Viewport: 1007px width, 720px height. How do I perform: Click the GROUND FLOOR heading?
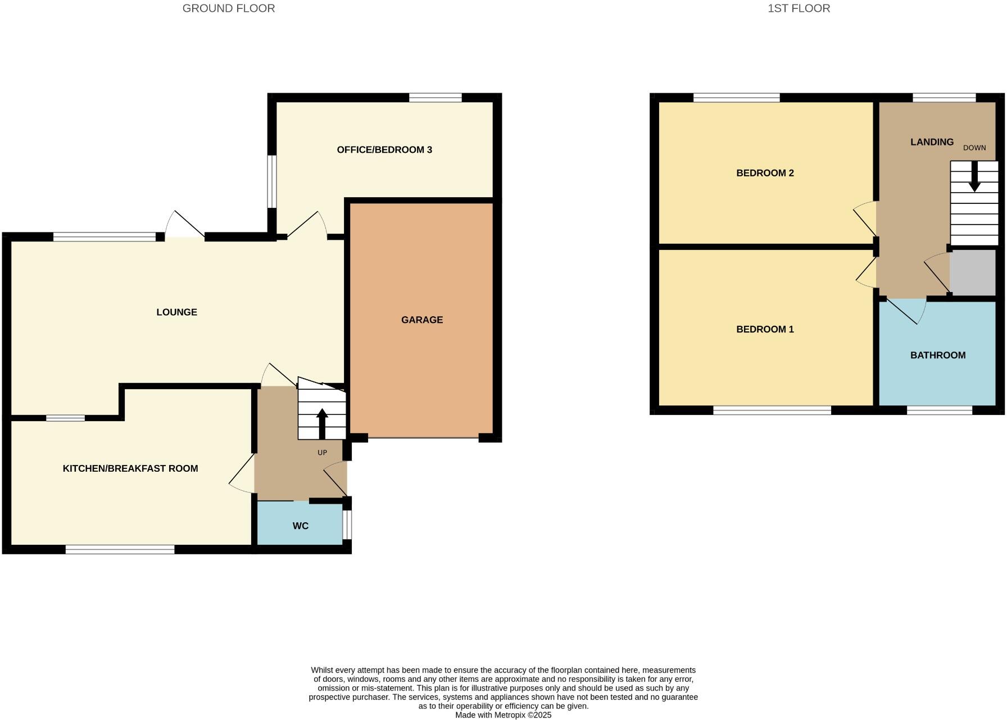tap(228, 8)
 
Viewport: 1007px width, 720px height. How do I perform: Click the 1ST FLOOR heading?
tap(799, 8)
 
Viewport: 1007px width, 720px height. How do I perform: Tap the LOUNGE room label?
tap(176, 312)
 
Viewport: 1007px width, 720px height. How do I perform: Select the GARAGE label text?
tap(422, 320)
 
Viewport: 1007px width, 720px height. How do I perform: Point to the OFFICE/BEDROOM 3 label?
tap(384, 150)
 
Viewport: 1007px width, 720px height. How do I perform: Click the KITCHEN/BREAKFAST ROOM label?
tap(130, 468)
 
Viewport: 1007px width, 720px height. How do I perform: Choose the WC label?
tap(301, 526)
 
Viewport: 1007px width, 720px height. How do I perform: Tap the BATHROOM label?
tap(938, 356)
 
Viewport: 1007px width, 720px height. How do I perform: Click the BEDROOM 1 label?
tap(765, 330)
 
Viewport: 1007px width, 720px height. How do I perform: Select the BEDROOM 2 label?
tap(765, 173)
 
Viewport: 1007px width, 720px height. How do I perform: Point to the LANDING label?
tap(932, 142)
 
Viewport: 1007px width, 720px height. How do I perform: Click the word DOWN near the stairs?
tap(974, 148)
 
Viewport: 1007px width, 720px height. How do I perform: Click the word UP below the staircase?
tap(322, 453)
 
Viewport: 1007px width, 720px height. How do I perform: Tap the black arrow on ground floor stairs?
tap(322, 422)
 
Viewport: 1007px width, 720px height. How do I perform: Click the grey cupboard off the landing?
tap(973, 272)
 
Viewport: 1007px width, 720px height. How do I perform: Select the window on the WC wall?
tap(347, 525)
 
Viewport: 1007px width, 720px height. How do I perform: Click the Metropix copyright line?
tap(503, 715)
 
